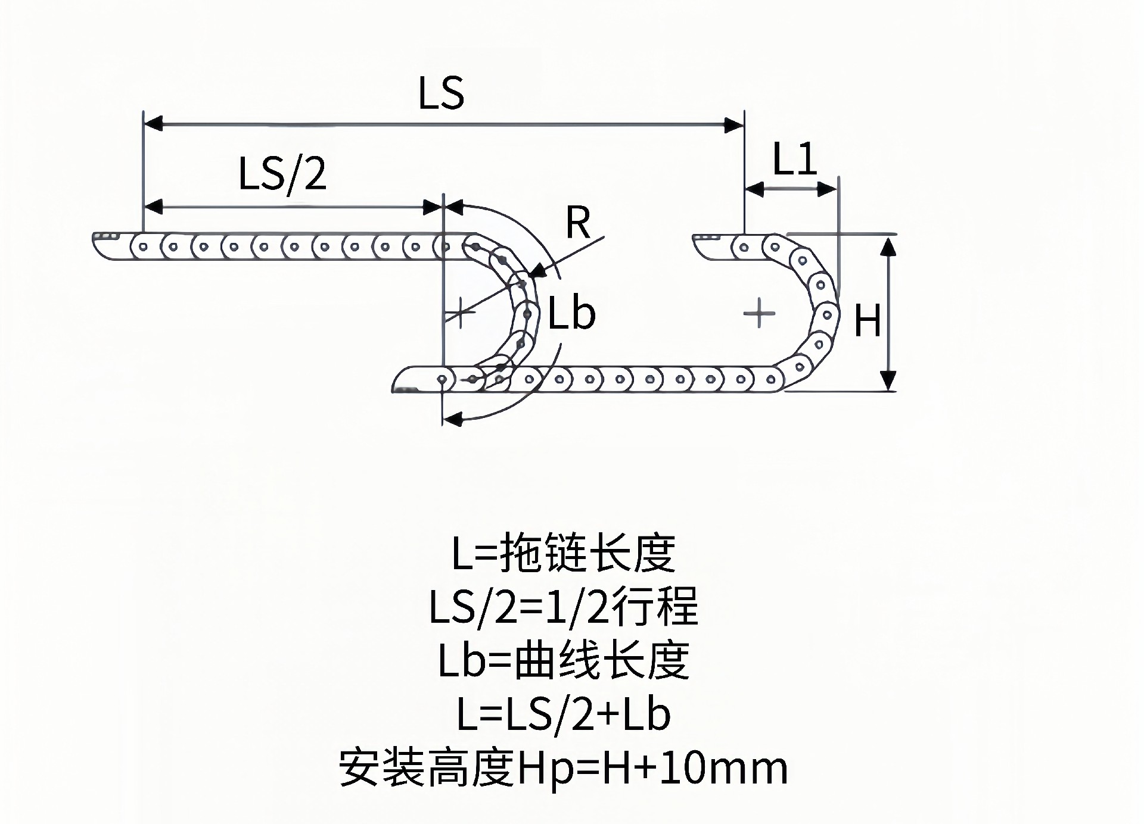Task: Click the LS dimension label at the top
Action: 441,93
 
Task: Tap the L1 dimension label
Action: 795,160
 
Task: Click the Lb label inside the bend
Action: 571,314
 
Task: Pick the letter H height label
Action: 867,321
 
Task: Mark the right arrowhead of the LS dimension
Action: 734,124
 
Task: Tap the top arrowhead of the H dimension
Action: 888,246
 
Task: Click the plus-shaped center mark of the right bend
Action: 759,313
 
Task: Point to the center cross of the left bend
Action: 460,311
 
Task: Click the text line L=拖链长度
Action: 563,553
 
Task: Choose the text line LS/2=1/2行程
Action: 563,607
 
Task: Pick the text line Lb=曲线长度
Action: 563,660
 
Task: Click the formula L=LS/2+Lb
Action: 563,714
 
